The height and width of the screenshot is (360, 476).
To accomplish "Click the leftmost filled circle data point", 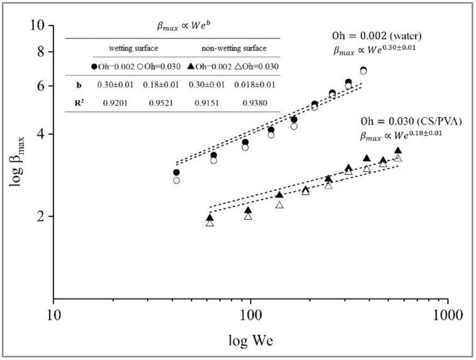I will [x=177, y=172].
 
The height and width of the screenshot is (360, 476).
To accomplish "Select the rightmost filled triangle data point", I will [x=397, y=150].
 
